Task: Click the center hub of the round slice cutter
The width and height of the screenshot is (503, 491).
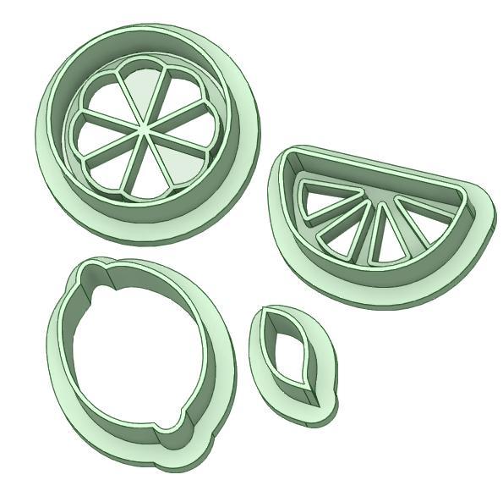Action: [x=145, y=133]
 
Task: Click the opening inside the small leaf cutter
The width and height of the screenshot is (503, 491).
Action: [x=292, y=356]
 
